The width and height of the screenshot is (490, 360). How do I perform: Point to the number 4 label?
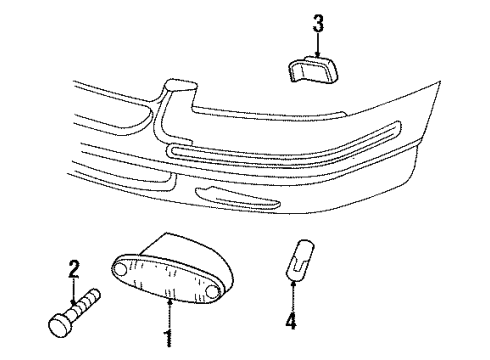click(290, 323)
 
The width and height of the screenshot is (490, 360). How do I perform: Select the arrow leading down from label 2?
click(72, 290)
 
